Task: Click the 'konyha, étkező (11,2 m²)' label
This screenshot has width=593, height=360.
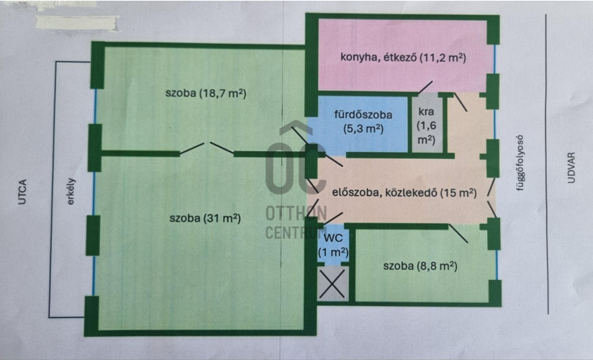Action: point(403,58)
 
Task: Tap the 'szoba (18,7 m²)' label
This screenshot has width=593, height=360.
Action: point(206,93)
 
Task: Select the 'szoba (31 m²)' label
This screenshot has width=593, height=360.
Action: point(205,218)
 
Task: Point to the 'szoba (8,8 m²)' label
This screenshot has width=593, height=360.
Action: point(420,266)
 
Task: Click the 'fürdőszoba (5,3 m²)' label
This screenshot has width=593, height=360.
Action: point(363,122)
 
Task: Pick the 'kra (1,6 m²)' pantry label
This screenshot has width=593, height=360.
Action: point(426,126)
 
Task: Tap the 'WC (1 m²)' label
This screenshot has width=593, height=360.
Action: point(333,246)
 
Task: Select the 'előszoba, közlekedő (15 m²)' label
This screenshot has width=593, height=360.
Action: point(404,193)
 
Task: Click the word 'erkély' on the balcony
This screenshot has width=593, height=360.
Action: point(71,192)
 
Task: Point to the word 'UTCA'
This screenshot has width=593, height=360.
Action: point(22,192)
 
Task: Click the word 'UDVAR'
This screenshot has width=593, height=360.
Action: point(571,168)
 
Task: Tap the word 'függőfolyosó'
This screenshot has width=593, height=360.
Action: point(521,163)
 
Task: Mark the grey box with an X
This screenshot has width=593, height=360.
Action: point(332,283)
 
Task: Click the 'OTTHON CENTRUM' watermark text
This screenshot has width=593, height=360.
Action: point(296,222)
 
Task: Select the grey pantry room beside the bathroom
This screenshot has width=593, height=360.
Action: point(427,124)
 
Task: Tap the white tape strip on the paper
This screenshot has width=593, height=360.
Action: point(78,23)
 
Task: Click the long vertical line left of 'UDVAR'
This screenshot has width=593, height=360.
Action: point(547,164)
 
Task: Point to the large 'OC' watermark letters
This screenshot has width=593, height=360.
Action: point(295,168)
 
